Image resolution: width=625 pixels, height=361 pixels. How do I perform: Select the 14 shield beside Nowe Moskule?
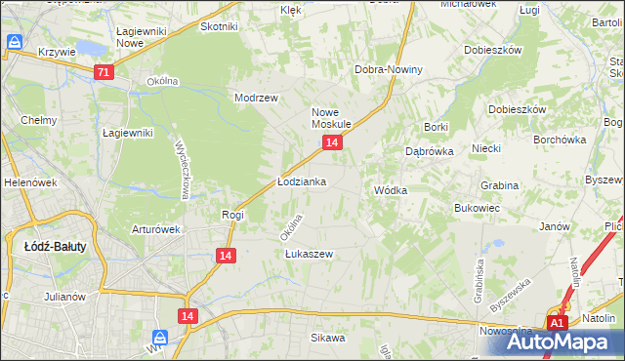(333, 143)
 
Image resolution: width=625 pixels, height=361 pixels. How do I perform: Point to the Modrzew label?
(257, 98)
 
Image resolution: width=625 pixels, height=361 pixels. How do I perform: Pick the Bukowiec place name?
(478, 208)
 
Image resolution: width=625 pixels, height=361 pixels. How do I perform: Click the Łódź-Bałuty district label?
(55, 247)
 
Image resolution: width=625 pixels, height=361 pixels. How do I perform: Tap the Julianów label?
(66, 296)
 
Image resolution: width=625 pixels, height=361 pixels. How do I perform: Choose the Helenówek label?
(26, 182)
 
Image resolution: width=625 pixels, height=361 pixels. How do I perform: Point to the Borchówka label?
(559, 140)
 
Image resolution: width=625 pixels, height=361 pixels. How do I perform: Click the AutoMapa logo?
(567, 341)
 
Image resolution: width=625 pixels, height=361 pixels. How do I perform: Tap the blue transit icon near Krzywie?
(15, 43)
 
